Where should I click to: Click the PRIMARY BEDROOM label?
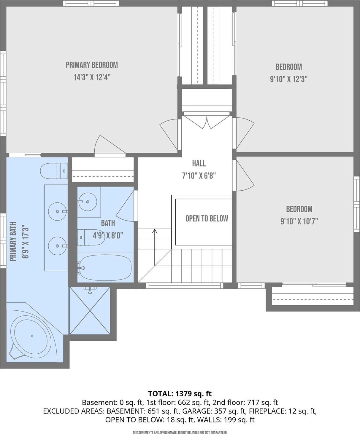(92, 65)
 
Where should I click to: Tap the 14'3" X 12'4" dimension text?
(92, 77)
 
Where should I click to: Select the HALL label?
(199, 163)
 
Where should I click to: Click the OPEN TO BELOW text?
(207, 218)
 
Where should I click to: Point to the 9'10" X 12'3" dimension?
(288, 79)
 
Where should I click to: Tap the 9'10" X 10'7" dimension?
(299, 221)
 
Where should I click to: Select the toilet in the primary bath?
(53, 171)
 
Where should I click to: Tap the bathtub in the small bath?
(105, 268)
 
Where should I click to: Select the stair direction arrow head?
(155, 231)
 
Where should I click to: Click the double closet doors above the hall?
(207, 122)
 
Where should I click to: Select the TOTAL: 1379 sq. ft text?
(180, 394)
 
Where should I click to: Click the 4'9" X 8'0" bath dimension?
(108, 235)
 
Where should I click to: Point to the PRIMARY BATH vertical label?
(13, 242)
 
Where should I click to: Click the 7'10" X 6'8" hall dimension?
(199, 176)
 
